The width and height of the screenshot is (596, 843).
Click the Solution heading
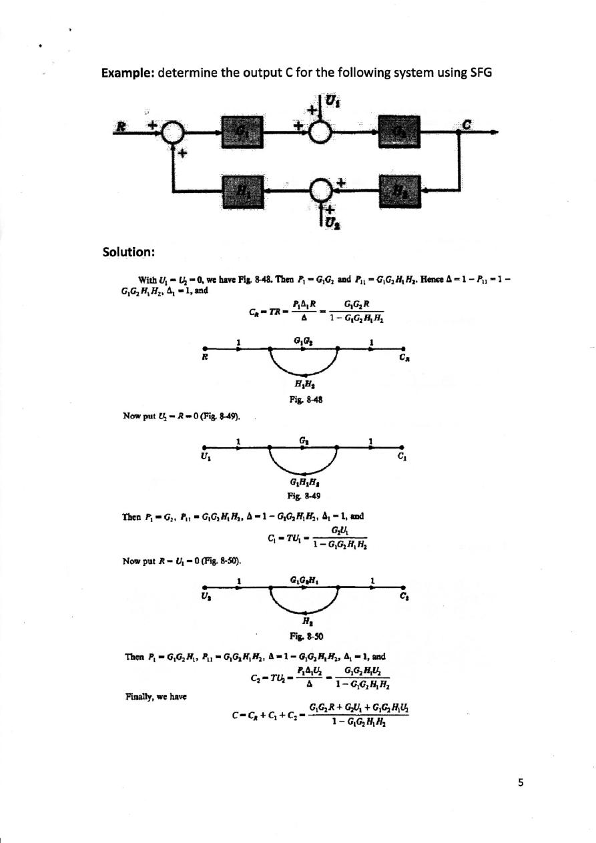pos(129,252)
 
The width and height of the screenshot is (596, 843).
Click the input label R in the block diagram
pos(122,124)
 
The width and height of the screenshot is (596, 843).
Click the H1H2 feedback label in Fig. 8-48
pos(304,383)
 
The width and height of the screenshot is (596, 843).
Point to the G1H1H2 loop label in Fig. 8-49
pos(303,485)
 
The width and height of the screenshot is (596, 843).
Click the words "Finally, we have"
pos(156,696)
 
